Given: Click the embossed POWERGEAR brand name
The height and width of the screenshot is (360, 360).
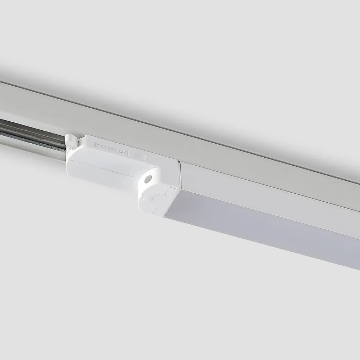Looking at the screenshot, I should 111,148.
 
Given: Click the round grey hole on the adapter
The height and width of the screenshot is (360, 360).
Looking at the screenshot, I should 148,179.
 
